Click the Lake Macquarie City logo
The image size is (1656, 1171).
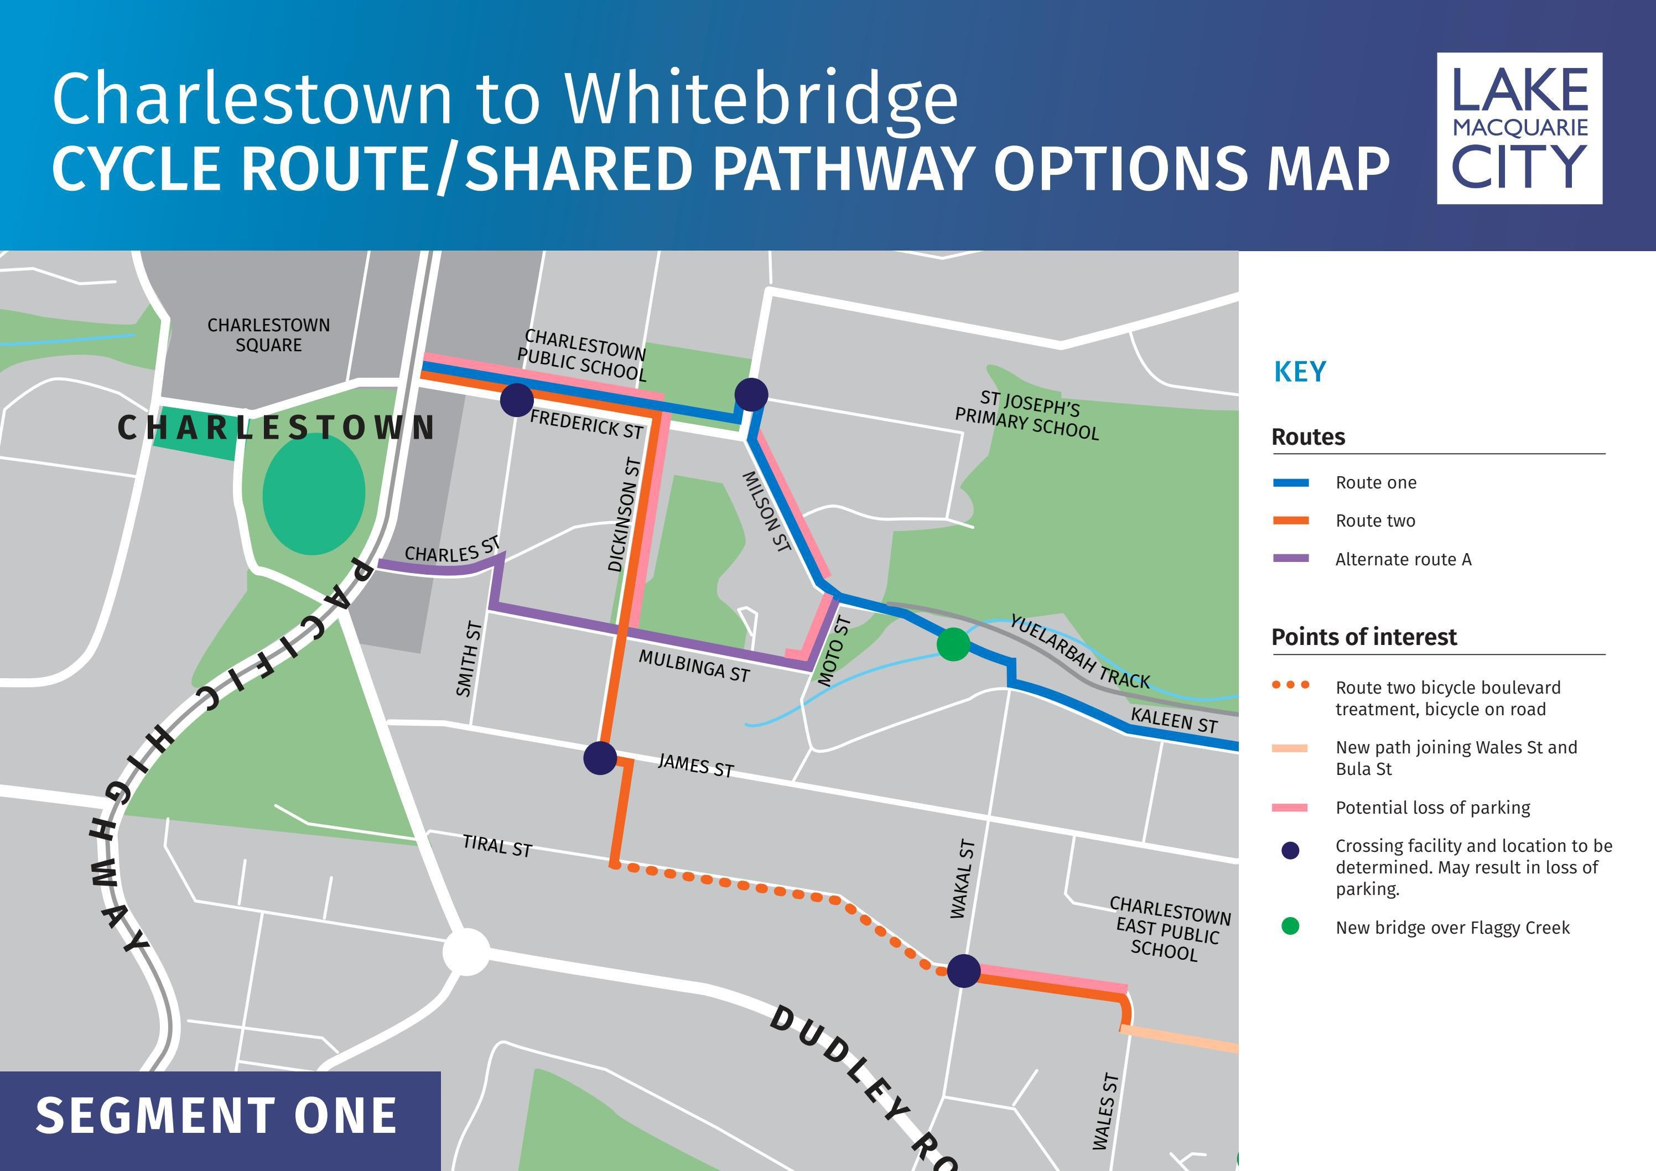pos(1519,128)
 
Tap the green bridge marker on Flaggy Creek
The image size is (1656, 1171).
pos(953,644)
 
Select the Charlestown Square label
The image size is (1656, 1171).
pos(268,335)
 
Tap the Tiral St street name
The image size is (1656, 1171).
pos(497,845)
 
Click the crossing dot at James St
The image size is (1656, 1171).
pos(599,758)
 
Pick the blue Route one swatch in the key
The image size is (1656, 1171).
pos(1290,483)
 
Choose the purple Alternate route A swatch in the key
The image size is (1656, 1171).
pos(1290,559)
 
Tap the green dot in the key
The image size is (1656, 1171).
pos(1290,927)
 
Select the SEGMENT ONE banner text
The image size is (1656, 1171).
pos(216,1116)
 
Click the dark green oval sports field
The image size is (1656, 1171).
pos(313,495)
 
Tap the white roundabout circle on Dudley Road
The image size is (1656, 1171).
pos(466,952)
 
